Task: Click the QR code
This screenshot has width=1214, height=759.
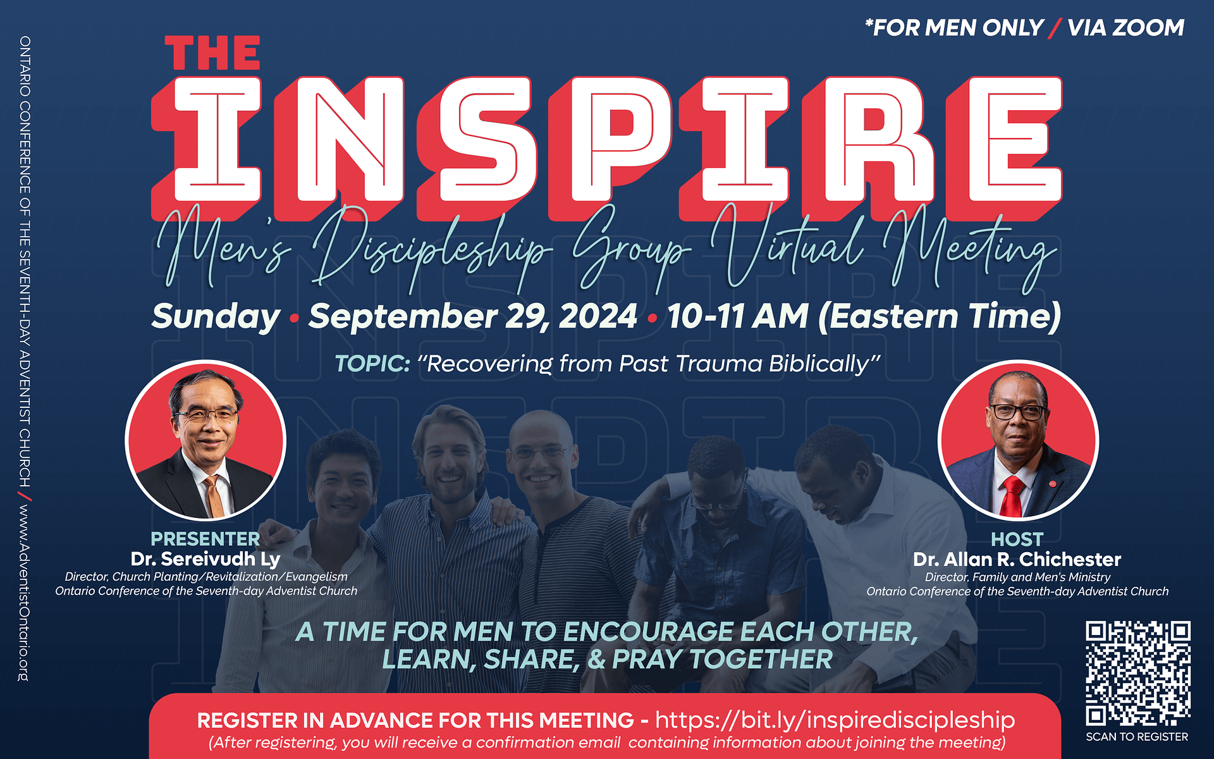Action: (x=1138, y=673)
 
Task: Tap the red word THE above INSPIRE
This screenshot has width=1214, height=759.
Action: (x=212, y=53)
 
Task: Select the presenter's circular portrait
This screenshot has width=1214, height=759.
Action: (x=205, y=440)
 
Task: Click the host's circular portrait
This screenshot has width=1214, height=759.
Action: (x=1018, y=440)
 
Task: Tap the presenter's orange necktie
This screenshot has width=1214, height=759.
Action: (x=213, y=497)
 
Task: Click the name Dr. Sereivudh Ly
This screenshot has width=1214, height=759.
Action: (x=205, y=559)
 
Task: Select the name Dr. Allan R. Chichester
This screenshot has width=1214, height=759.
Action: (x=1017, y=560)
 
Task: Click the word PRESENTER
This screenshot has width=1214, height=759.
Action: (x=205, y=539)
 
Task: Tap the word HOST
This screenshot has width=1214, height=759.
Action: (x=1017, y=540)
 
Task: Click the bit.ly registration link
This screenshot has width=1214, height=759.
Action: (x=835, y=720)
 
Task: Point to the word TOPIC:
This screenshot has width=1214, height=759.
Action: (x=372, y=364)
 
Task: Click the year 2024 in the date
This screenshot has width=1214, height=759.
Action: (x=598, y=316)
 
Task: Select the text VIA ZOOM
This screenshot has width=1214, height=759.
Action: (x=1125, y=28)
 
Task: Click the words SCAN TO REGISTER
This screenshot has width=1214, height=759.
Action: (x=1137, y=737)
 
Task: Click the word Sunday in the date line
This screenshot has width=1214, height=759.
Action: (x=216, y=316)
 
